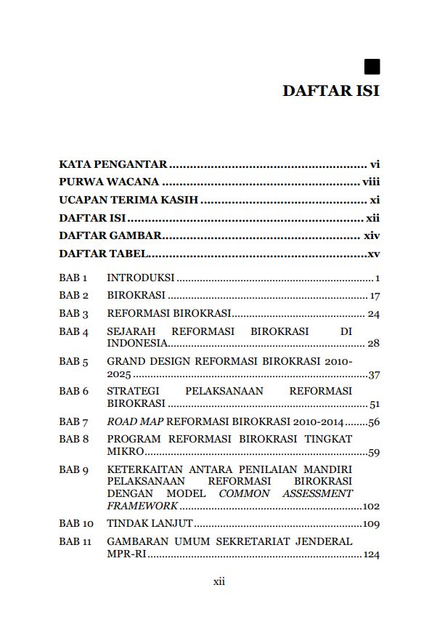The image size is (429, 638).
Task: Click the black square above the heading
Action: pyautogui.click(x=372, y=67)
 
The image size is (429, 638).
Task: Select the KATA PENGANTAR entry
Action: pyautogui.click(x=113, y=164)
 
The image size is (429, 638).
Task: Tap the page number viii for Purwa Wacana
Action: pyautogui.click(x=371, y=182)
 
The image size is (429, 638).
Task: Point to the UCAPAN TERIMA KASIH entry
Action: pyautogui.click(x=128, y=200)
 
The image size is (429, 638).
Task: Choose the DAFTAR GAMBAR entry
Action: pyautogui.click(x=110, y=235)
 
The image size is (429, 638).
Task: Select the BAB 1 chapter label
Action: pyautogui.click(x=73, y=278)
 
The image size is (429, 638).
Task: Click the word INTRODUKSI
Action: pyautogui.click(x=141, y=278)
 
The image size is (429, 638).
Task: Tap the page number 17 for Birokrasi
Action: pyautogui.click(x=375, y=296)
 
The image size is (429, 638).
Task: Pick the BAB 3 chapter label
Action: pyautogui.click(x=73, y=314)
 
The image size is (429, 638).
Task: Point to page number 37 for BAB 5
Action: pyautogui.click(x=375, y=376)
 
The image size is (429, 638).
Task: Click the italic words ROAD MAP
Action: pyautogui.click(x=134, y=422)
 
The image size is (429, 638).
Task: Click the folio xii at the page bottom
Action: pyautogui.click(x=218, y=581)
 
